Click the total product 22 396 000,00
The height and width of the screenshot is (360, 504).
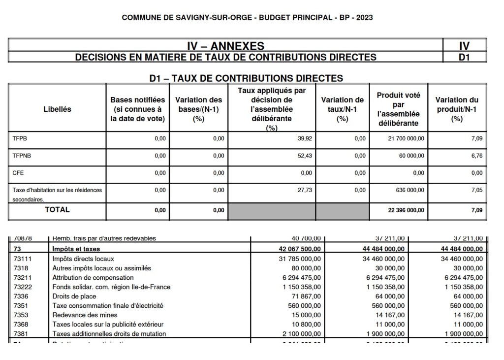403,210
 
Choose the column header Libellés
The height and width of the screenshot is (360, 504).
58,109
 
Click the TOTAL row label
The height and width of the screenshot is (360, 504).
58,210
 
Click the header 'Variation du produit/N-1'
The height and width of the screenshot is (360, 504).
457,109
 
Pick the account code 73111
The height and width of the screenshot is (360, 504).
23,258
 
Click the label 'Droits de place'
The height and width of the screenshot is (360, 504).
74,296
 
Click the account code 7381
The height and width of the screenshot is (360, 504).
21,333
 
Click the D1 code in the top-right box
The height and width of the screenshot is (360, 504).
464,57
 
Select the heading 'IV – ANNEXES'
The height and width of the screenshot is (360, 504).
226,46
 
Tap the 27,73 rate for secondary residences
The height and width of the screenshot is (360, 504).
305,190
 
